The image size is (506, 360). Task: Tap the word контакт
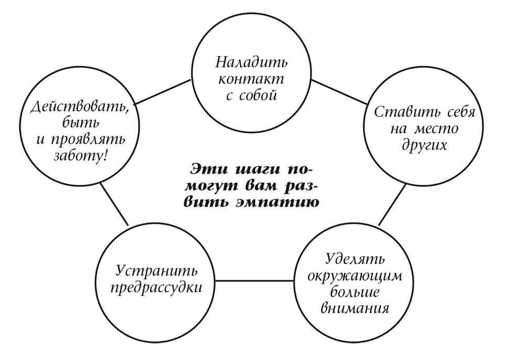pyautogui.click(x=251, y=79)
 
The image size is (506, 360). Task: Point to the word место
pyautogui.click(x=436, y=129)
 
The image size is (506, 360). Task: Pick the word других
pyautogui.click(x=424, y=145)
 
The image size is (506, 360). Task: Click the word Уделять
pyautogui.click(x=354, y=259)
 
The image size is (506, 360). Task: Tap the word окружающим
pyautogui.click(x=355, y=277)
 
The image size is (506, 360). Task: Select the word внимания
pyautogui.click(x=355, y=309)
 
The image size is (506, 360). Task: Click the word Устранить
pyautogui.click(x=156, y=271)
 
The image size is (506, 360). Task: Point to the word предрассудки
pyautogui.click(x=156, y=288)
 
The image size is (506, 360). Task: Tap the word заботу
pyautogui.click(x=79, y=156)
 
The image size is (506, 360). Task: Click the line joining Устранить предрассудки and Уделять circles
pyautogui.click(x=255, y=281)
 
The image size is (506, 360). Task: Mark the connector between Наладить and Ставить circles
pyautogui.click(x=339, y=92)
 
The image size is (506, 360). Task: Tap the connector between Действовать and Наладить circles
pyautogui.click(x=163, y=92)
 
